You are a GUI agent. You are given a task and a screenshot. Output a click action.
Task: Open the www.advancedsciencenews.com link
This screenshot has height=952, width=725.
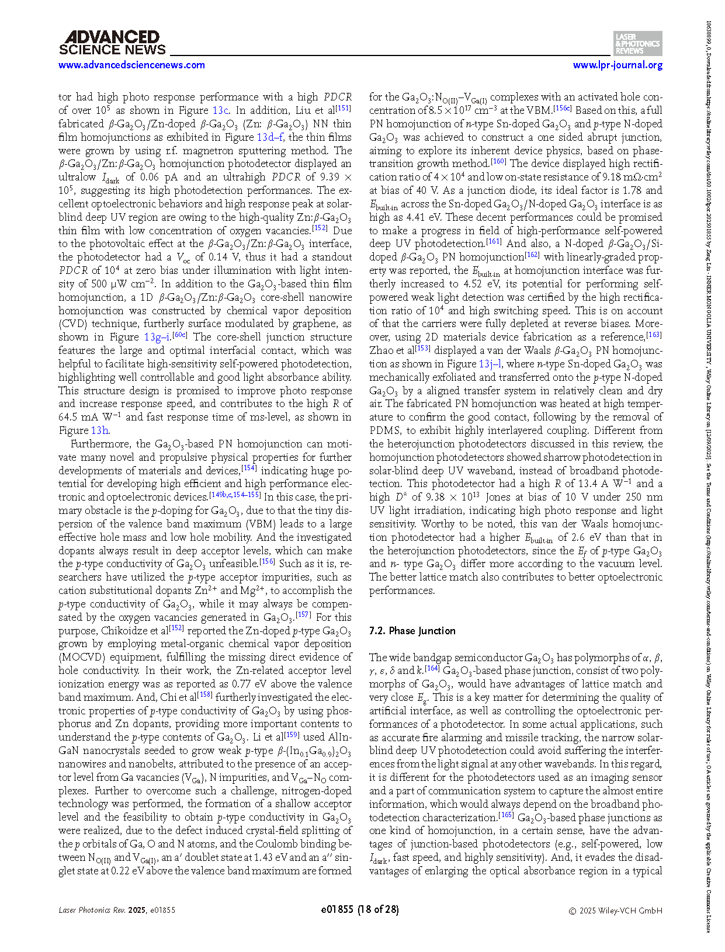tap(131, 65)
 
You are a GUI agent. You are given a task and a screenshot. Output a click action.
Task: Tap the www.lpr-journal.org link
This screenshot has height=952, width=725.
tap(618, 65)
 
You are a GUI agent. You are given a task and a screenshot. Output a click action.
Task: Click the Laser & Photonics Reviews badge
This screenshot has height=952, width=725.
tap(638, 44)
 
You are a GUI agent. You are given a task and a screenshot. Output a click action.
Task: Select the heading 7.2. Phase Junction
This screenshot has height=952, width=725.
tap(412, 631)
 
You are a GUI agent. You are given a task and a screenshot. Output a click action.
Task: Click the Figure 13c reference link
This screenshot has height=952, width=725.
tap(220, 110)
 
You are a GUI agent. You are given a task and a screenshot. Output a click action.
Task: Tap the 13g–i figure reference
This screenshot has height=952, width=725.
tap(158, 337)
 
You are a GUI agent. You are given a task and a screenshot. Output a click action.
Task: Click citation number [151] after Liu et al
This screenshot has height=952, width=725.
tap(344, 108)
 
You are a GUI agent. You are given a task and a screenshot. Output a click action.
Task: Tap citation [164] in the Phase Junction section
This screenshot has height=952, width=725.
tap(432, 668)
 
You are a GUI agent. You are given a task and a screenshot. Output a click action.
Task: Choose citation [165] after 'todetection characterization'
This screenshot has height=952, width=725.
tap(506, 815)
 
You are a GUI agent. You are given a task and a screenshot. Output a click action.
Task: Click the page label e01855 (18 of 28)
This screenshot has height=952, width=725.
tap(360, 909)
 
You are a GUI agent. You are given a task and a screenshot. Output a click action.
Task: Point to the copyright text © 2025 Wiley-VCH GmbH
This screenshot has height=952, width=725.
tap(616, 910)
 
